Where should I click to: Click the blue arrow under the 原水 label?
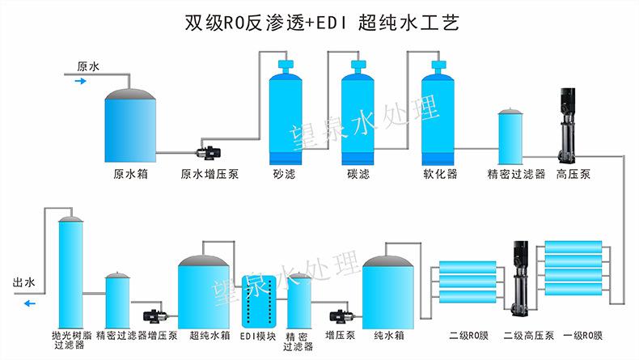coord(80,81)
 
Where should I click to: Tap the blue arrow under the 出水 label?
coord(30,303)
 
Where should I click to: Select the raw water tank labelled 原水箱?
coord(130,125)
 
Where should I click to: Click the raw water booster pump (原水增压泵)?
coord(209,152)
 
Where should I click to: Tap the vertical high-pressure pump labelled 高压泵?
coord(567,125)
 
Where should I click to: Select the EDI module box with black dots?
coord(259,302)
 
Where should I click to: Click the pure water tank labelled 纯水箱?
coord(388,292)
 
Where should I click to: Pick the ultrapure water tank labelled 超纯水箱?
coord(204,292)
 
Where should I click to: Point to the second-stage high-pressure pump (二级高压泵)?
coord(520,278)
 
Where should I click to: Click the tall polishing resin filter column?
coord(71,273)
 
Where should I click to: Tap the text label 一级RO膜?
coord(582,336)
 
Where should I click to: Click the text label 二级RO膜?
coord(468,336)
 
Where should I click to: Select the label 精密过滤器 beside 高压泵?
coord(516,174)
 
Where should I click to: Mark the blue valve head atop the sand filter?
coord(286,65)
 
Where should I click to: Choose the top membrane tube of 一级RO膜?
coord(573,247)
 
